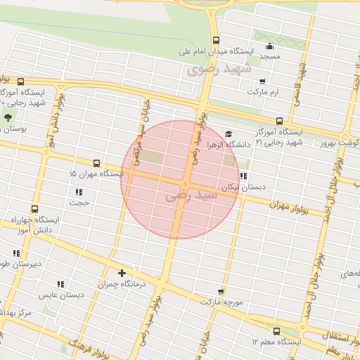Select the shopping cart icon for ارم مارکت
(x=262, y=82)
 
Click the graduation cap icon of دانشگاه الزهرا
(x=228, y=134)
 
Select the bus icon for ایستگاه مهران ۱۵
(x=96, y=163)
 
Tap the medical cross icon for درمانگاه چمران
(x=122, y=273)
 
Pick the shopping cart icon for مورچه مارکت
(x=221, y=291)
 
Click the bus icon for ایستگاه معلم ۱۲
(x=276, y=330)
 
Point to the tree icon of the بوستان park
(x=8, y=117)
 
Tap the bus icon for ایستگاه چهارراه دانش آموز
(x=35, y=209)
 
